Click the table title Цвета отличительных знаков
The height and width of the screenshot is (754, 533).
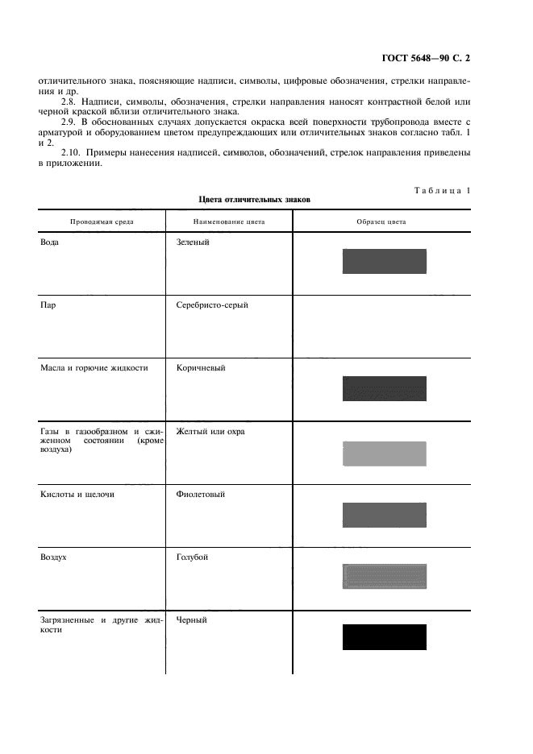tap(254, 199)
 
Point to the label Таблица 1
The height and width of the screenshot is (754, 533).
tap(443, 190)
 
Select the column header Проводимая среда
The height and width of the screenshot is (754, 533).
tap(102, 221)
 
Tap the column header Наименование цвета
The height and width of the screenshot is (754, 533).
tap(229, 221)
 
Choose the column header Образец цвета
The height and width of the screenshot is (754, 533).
tap(381, 221)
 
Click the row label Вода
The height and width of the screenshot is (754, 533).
tap(49, 241)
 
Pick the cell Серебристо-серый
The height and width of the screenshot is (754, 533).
tap(211, 305)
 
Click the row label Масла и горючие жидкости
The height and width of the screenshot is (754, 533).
tap(94, 368)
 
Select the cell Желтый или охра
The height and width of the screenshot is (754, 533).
tap(210, 432)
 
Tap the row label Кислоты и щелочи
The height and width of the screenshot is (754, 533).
tap(77, 495)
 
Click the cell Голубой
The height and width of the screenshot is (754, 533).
tap(192, 557)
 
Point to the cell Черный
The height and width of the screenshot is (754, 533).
tap(191, 620)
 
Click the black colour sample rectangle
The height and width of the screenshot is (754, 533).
tap(384, 637)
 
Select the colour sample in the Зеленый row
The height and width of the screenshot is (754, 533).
tap(384, 261)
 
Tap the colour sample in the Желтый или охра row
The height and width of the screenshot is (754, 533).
tap(384, 454)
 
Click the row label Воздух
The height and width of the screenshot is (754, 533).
tap(53, 557)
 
